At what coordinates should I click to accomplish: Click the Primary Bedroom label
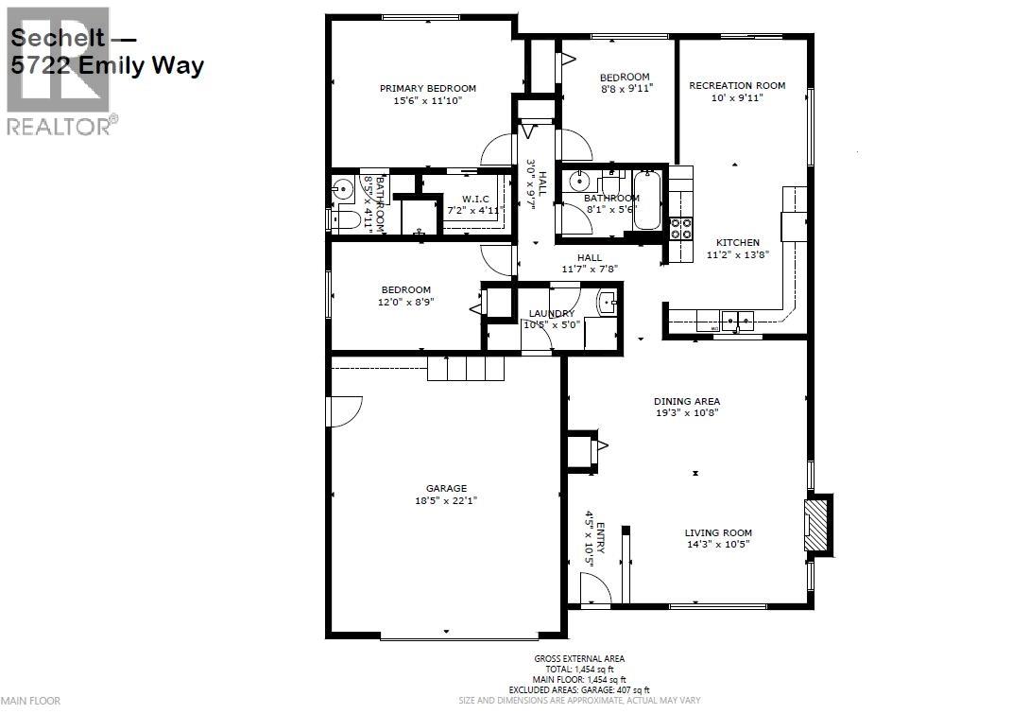pos(428,88)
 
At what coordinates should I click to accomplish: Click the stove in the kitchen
pos(680,228)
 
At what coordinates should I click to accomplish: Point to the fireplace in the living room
pos(816,523)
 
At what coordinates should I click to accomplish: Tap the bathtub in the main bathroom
pos(647,199)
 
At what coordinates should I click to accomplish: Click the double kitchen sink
pos(736,322)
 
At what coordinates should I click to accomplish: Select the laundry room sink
pos(609,303)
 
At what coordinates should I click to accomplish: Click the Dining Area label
pos(687,401)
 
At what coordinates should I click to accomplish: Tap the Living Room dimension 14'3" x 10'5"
pos(718,544)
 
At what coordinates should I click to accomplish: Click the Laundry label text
pos(551,313)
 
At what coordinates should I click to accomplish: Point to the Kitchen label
pos(733,242)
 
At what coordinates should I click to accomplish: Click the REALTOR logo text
pos(59,125)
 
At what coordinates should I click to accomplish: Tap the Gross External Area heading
pos(579,658)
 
